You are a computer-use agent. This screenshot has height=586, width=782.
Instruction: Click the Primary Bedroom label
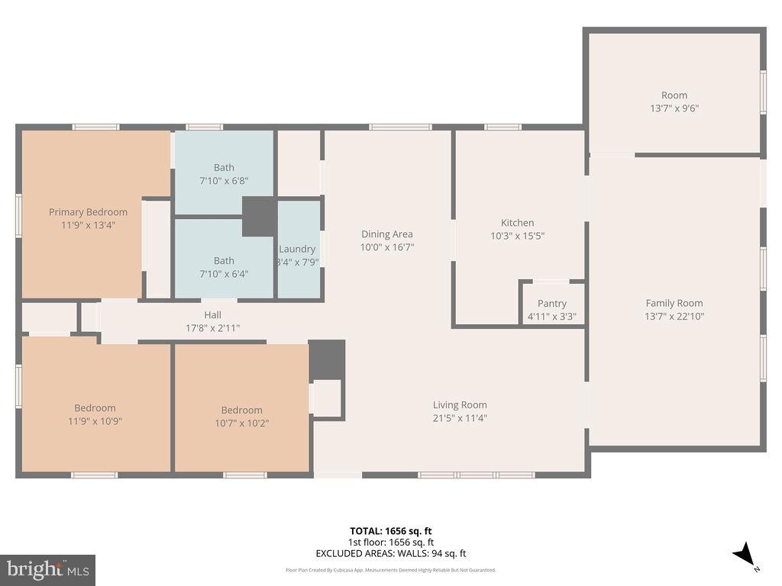pos(88,212)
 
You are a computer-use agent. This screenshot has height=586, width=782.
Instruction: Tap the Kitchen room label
pos(517,223)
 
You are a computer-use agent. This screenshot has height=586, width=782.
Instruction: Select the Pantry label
pos(551,304)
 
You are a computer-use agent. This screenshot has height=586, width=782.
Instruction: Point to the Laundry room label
pos(297,250)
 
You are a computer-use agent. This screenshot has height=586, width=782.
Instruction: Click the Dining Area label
pos(386,234)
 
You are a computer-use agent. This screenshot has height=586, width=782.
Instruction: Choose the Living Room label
pos(460,405)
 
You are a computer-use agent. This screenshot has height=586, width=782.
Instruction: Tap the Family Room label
pos(674,303)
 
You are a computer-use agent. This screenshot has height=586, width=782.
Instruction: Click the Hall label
pos(212,315)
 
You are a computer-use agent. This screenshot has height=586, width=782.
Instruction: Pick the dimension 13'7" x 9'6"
pos(674,108)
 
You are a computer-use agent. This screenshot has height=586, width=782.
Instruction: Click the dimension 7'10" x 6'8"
pos(224,181)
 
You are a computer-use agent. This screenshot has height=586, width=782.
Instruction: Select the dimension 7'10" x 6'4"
pos(224,273)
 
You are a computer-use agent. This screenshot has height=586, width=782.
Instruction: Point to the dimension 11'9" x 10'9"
pos(95,420)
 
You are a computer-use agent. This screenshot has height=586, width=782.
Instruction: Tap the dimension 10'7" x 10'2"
pos(241,423)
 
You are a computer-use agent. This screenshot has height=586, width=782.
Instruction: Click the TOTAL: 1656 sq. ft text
pos(391,531)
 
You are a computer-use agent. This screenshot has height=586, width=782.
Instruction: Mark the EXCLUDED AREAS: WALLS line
pos(391,554)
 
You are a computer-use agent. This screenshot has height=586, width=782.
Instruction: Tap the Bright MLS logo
pos(47,569)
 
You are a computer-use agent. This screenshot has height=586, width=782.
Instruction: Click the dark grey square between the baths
pos(260,217)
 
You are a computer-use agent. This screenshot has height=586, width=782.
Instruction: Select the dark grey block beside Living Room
pos(327,359)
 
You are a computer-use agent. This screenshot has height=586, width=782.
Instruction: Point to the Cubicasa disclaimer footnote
pos(391,570)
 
